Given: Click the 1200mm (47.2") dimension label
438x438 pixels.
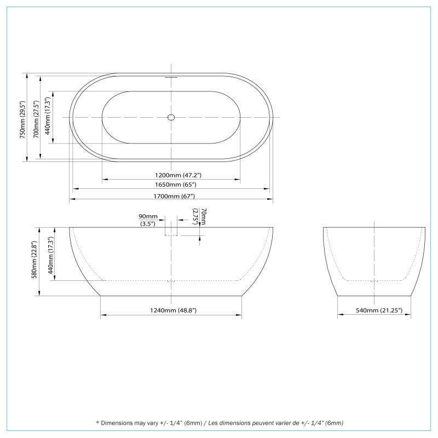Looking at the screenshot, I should click(171, 175).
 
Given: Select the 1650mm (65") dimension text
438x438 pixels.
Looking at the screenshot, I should click(171, 186).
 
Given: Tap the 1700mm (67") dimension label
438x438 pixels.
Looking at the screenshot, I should click(171, 196).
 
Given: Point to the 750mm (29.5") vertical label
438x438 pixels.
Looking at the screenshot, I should click(23, 119).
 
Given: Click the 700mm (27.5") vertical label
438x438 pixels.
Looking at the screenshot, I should click(37, 119).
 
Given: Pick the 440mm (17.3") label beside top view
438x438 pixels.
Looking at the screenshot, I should click(48, 116).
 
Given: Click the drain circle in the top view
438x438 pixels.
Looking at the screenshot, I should click(171, 117).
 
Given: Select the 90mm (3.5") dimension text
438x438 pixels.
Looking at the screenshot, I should click(148, 220).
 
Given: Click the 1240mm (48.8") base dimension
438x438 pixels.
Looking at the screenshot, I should click(171, 310).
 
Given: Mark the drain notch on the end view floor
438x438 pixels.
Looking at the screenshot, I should click(374, 281).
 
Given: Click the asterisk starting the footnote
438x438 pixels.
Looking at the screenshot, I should click(97, 423).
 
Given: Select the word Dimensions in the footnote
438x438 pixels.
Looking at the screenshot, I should click(118, 423).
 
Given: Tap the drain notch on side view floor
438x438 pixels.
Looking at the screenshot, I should click(171, 281).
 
